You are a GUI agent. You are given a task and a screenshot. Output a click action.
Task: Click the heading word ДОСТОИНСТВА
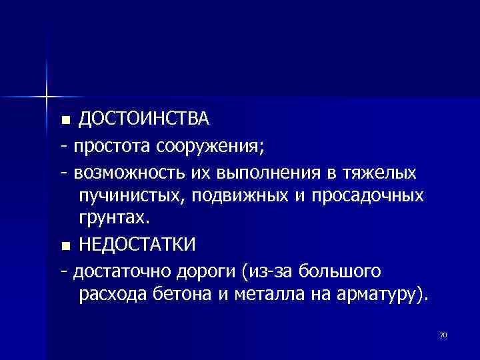pyautogui.click(x=144, y=119)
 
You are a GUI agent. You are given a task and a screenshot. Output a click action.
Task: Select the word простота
pyautogui.click(x=113, y=145)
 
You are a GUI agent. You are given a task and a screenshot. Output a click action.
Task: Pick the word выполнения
pyautogui.click(x=262, y=173)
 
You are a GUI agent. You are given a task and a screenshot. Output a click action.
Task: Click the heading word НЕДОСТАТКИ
pyautogui.click(x=137, y=245)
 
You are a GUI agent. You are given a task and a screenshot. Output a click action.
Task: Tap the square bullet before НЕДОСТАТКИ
pyautogui.click(x=65, y=247)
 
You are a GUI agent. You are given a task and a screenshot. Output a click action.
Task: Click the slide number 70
pyautogui.click(x=443, y=335)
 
